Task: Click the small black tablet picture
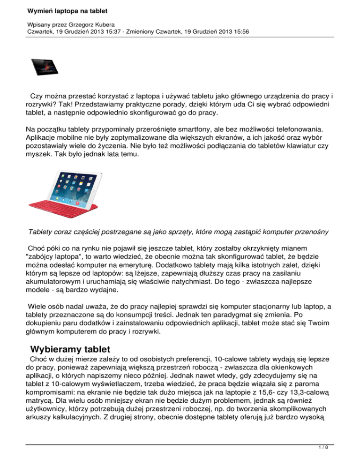pos(46,68)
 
